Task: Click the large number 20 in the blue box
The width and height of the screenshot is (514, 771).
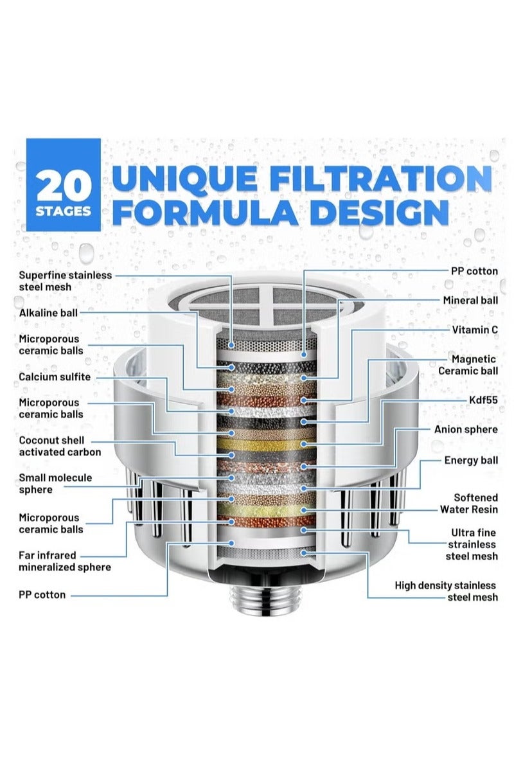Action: click(x=64, y=186)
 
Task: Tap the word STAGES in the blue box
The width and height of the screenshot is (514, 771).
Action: click(x=64, y=211)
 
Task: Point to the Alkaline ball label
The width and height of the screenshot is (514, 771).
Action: click(x=48, y=313)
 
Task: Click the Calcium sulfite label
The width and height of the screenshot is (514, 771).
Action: click(x=55, y=377)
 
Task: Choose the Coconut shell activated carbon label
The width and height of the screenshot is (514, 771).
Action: click(x=60, y=446)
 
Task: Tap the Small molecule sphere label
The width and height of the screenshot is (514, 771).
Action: click(x=55, y=484)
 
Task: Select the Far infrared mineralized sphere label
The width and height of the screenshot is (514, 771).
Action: click(x=65, y=561)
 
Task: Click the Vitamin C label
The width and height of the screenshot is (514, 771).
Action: click(x=475, y=330)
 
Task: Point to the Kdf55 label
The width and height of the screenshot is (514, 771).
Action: click(x=483, y=400)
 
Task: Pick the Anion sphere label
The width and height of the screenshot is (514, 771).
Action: click(x=466, y=430)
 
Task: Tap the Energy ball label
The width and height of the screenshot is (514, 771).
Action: click(x=471, y=461)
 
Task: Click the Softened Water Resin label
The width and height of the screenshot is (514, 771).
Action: click(x=469, y=504)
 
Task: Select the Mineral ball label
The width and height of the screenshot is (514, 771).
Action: click(x=470, y=301)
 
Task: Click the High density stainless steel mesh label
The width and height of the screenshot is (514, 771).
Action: click(x=446, y=591)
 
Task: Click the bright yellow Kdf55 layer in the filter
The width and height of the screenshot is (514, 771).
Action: click(x=266, y=444)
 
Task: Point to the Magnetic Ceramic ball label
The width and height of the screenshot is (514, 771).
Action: click(x=468, y=365)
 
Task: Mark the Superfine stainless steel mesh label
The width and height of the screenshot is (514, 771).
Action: click(x=66, y=281)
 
